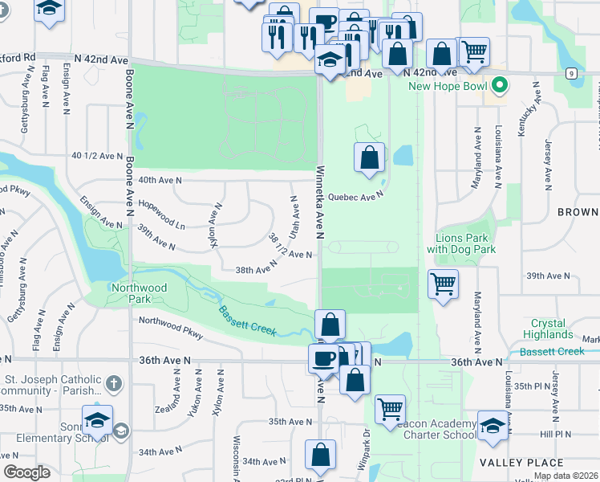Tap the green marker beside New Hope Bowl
point(500,84)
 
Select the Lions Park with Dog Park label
point(466,243)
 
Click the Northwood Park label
point(139,293)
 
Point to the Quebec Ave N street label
point(358,195)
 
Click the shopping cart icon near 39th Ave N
point(443,284)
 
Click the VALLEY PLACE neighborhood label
point(522,462)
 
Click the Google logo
point(26,472)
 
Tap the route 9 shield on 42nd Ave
point(571,73)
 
